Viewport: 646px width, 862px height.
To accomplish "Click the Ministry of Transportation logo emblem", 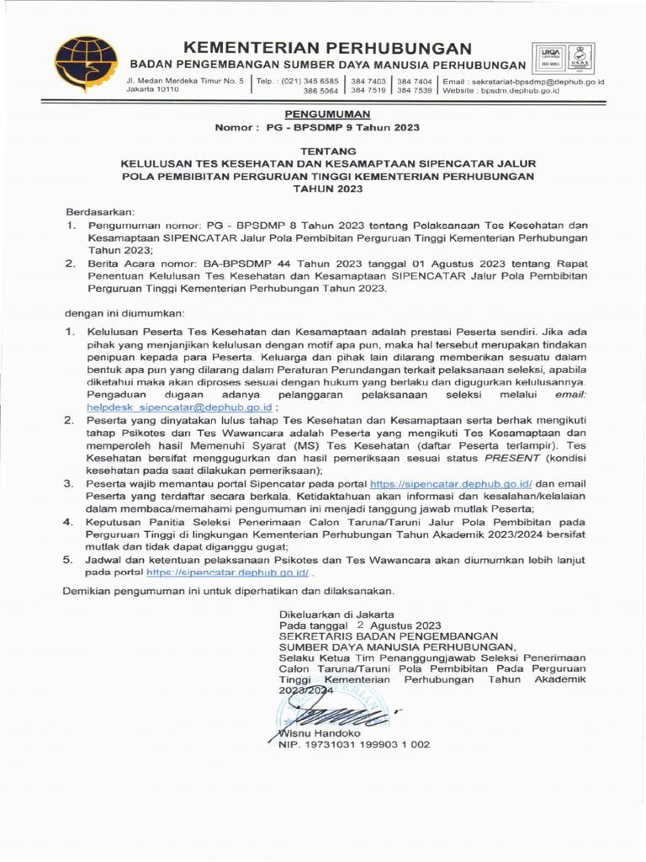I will [87, 65].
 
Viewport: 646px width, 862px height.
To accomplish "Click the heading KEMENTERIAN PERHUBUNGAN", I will [327, 48].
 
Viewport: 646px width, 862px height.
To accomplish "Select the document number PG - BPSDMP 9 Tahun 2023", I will [342, 127].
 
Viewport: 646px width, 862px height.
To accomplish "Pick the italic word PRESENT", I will [514, 458].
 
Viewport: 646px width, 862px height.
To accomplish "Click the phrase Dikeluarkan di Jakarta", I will [336, 614].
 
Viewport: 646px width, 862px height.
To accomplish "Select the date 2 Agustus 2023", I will [399, 625].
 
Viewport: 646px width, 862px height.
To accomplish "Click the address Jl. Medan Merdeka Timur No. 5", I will [184, 81].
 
